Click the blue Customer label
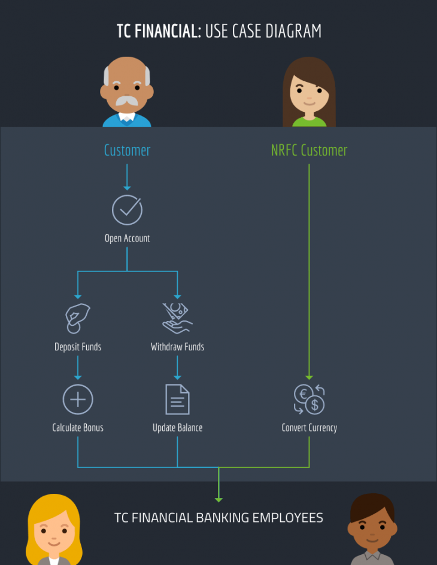coord(127,150)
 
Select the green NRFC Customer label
coord(309,150)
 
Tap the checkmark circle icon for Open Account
coord(127,210)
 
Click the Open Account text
coord(127,239)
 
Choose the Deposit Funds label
coord(78,347)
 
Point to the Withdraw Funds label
coord(177,347)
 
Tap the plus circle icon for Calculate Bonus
coord(78,399)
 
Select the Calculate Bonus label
coord(78,428)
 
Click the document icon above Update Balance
coord(177,399)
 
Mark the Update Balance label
coord(177,428)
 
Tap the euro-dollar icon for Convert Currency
coord(309,399)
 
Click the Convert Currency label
coord(309,428)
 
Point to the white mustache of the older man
coord(127,101)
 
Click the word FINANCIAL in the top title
coord(168,31)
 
